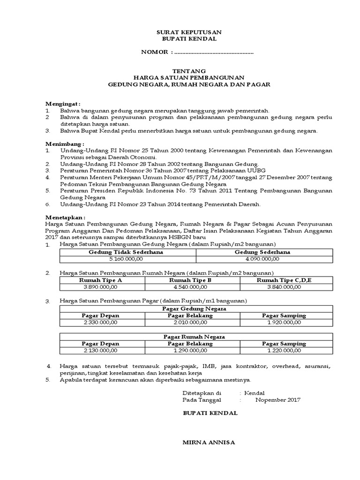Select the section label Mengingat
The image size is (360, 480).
(63, 103)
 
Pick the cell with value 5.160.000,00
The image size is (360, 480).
(127, 258)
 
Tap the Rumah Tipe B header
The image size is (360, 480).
(190, 280)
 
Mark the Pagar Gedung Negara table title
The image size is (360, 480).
(194, 309)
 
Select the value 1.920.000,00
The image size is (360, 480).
(284, 322)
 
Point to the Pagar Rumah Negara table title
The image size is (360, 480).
(194, 337)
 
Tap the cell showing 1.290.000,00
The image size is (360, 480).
(190, 350)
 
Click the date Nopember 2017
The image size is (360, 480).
(278, 400)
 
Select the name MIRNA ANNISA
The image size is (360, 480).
(209, 442)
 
